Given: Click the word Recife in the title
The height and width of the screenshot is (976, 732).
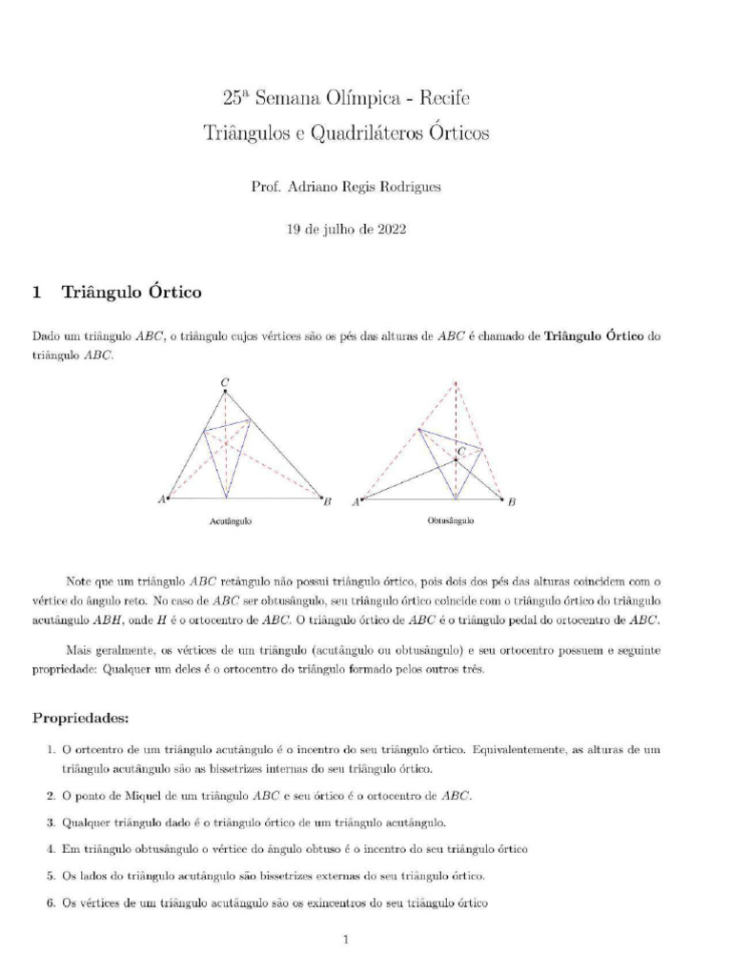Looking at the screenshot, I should click(x=442, y=98).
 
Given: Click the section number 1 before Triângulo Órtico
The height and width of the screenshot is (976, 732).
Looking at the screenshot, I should click(x=38, y=293).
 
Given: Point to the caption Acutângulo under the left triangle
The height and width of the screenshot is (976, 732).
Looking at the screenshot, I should click(x=231, y=522).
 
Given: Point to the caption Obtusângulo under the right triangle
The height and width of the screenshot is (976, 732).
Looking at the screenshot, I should click(x=451, y=521).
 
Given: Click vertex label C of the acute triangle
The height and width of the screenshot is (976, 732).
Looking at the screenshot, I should click(x=224, y=383).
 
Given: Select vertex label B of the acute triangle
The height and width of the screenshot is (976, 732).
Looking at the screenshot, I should click(x=327, y=500).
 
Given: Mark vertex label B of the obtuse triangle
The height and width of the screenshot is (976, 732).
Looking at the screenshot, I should click(x=512, y=501).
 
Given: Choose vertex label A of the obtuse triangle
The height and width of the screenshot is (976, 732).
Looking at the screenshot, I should click(x=356, y=501).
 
